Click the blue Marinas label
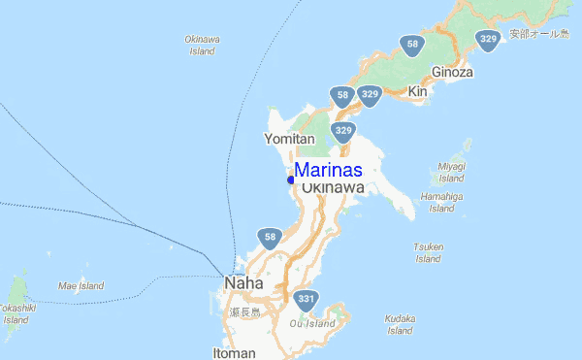click(x=328, y=170)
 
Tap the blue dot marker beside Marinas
click(x=291, y=180)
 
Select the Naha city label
click(x=242, y=283)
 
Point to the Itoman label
click(x=234, y=352)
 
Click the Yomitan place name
click(x=289, y=140)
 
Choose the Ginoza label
click(x=452, y=72)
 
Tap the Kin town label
click(x=418, y=91)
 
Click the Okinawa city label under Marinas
click(x=333, y=187)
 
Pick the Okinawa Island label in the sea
click(x=202, y=45)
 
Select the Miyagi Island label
click(x=452, y=172)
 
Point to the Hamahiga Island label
click(x=441, y=202)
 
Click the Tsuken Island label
click(x=428, y=252)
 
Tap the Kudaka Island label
click(x=400, y=323)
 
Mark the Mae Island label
click(x=81, y=286)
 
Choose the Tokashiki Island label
click(x=16, y=312)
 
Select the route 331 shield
click(x=307, y=300)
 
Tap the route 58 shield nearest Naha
click(x=270, y=238)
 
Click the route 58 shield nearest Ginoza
click(x=413, y=45)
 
